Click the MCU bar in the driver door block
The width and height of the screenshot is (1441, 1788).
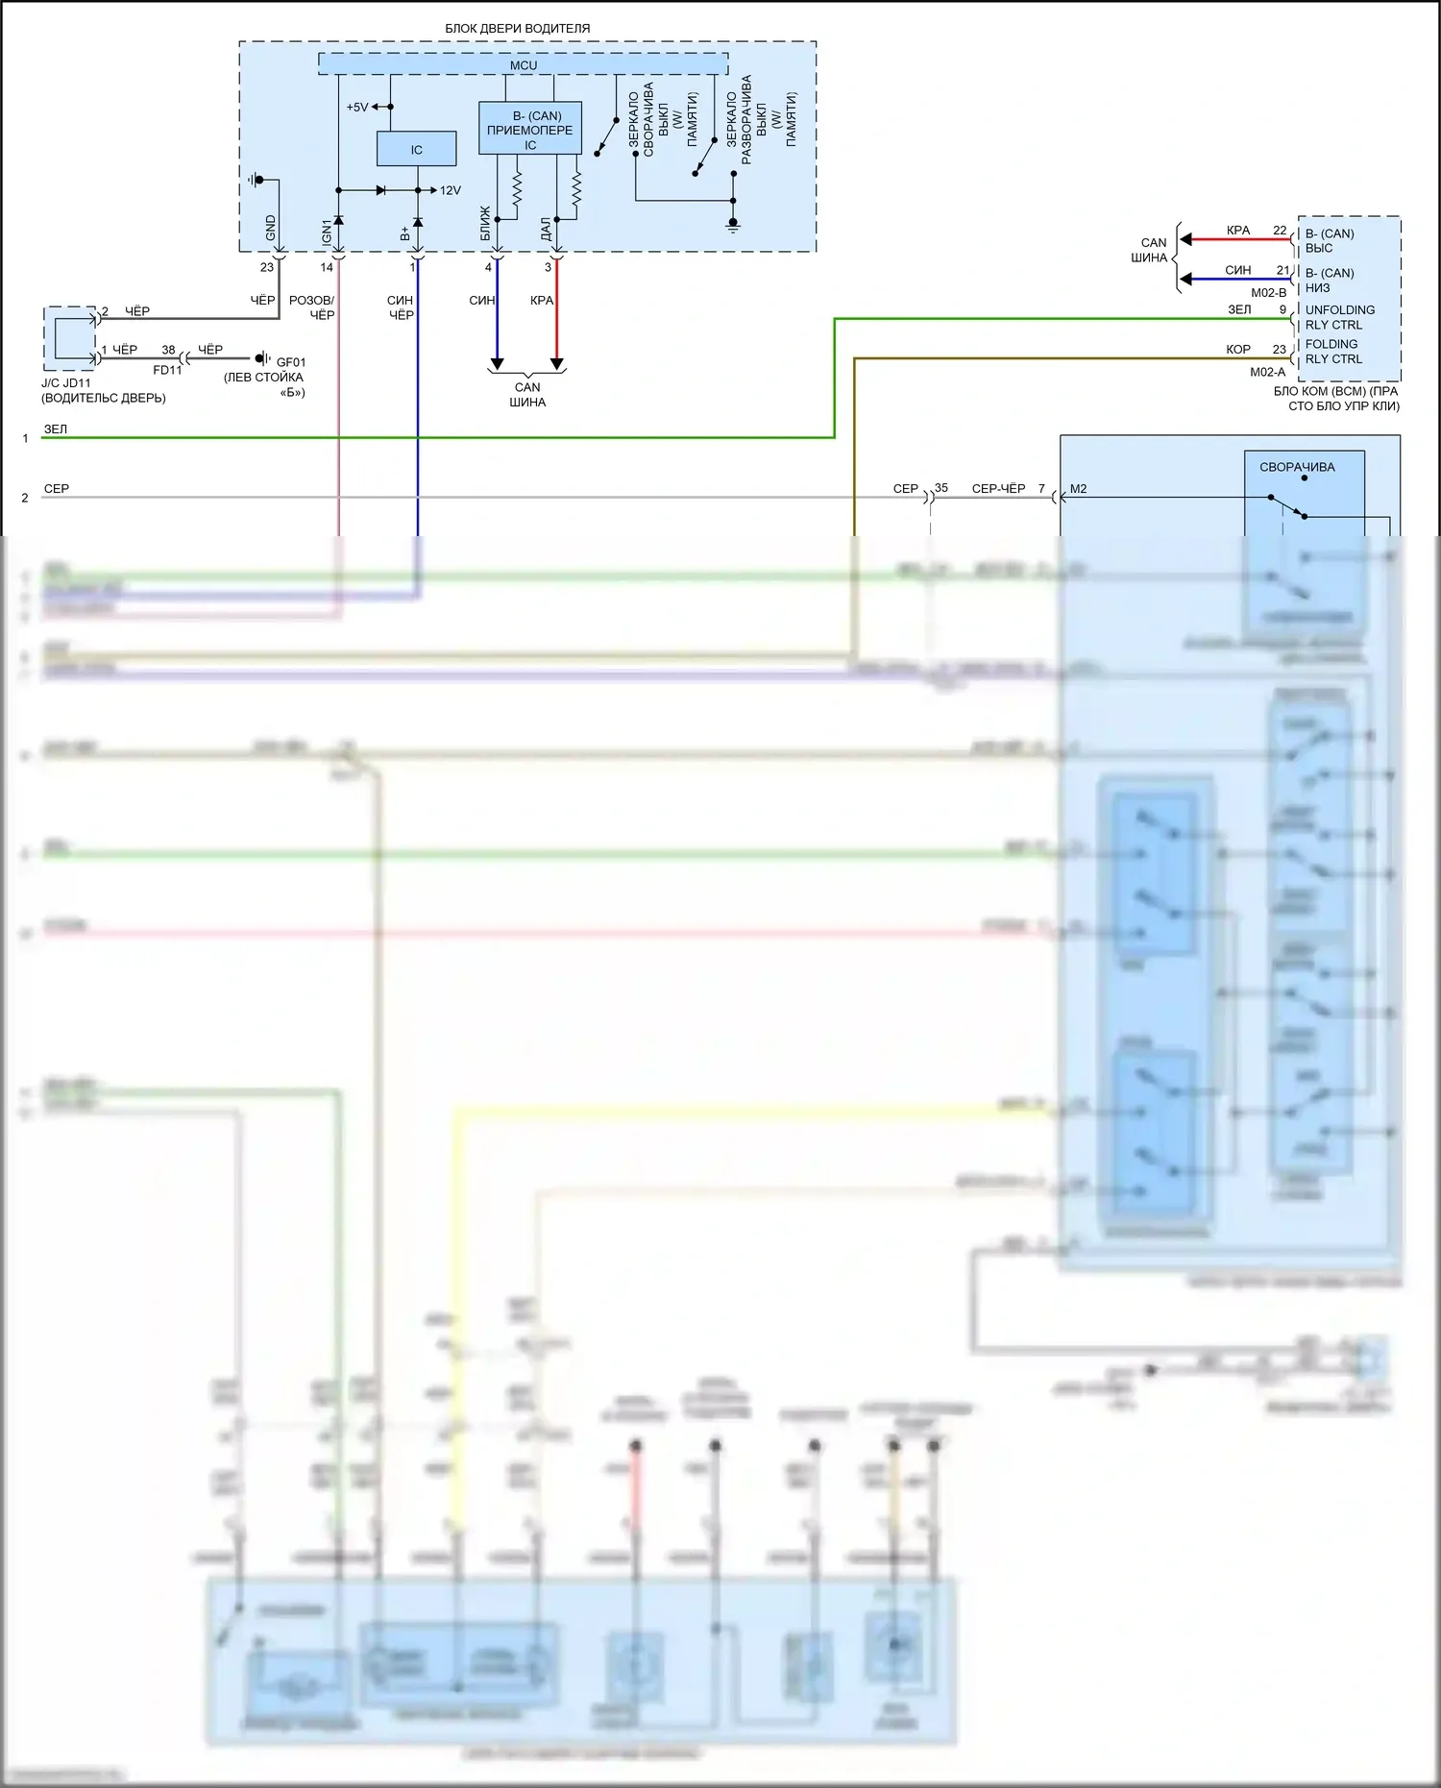[x=523, y=65]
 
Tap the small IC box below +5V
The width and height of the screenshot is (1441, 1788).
[x=416, y=149]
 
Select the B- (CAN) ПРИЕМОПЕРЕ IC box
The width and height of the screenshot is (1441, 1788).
[x=529, y=130]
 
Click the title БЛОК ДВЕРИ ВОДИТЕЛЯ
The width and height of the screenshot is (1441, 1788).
[x=517, y=29]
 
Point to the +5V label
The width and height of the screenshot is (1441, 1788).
[x=356, y=108]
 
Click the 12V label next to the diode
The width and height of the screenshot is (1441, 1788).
[x=450, y=190]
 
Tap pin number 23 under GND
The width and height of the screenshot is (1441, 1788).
[x=267, y=267]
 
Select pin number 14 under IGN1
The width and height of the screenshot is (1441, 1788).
[x=327, y=267]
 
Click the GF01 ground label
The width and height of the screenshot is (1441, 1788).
[x=291, y=362]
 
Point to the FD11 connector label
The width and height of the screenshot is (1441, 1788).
[x=167, y=370]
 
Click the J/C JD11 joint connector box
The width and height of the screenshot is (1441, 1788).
[x=70, y=338]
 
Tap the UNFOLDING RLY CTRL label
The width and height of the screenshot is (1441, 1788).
[x=1339, y=317]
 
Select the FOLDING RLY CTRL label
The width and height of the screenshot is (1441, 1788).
[x=1333, y=352]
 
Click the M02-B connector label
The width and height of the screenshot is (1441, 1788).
[x=1268, y=293]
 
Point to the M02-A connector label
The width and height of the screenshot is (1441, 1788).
[x=1267, y=372]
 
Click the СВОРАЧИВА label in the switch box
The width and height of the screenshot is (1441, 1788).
[x=1297, y=467]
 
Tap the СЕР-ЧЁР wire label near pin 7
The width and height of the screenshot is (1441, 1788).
[x=998, y=489]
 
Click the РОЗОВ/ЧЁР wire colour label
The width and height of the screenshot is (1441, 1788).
[x=312, y=307]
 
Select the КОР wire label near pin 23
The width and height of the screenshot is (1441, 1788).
[x=1237, y=350]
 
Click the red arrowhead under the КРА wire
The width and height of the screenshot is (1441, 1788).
[x=556, y=365]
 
